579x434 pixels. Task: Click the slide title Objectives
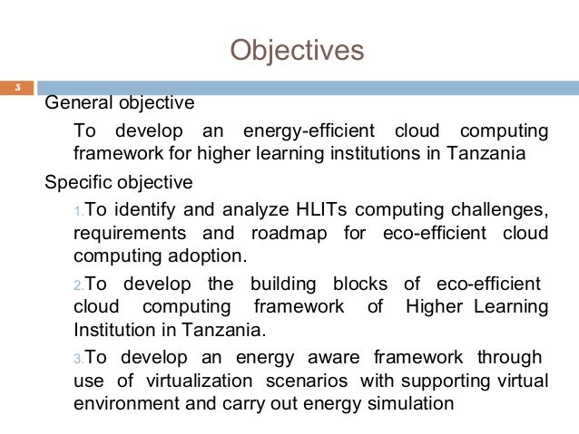click(297, 49)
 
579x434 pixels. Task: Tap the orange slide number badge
click(16, 88)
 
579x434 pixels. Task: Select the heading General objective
click(120, 102)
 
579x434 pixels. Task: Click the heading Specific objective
click(119, 182)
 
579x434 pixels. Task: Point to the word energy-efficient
click(300, 130)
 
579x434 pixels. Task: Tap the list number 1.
click(78, 212)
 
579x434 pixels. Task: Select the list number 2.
click(78, 285)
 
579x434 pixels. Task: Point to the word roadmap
click(291, 234)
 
